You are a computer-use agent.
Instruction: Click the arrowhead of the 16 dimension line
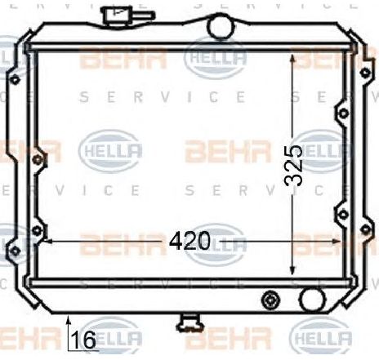click(69, 319)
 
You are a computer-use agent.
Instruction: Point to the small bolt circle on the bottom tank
click(270, 300)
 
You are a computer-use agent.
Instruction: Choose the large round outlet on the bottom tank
click(311, 298)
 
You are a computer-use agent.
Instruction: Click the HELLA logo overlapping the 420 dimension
click(216, 242)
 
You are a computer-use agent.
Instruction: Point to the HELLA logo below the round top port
click(216, 57)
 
